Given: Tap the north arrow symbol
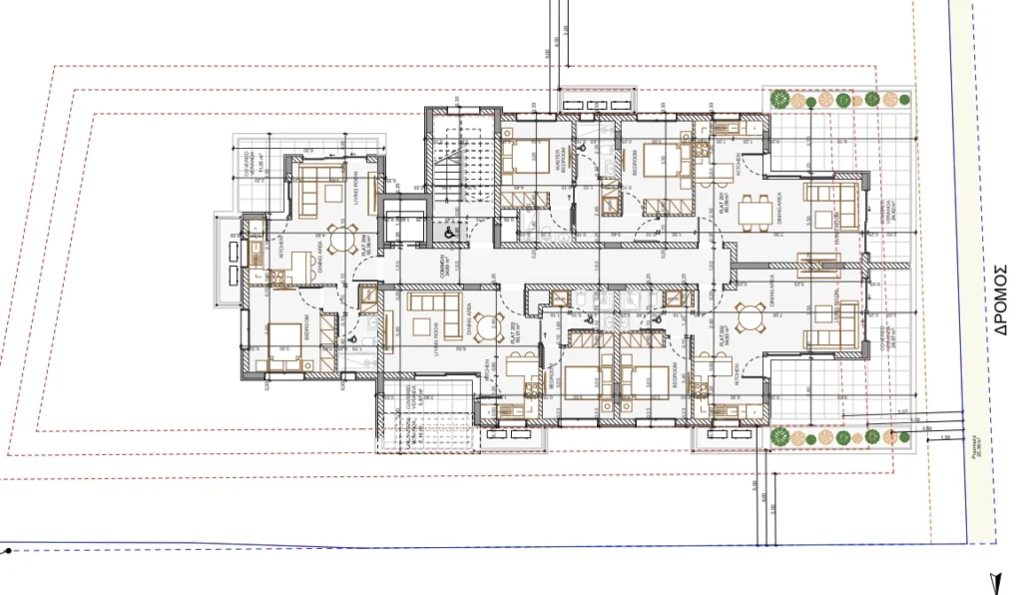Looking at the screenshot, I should click(995, 583).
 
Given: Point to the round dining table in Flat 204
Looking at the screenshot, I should click(341, 239).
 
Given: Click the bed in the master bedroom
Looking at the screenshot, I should click(519, 157).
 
